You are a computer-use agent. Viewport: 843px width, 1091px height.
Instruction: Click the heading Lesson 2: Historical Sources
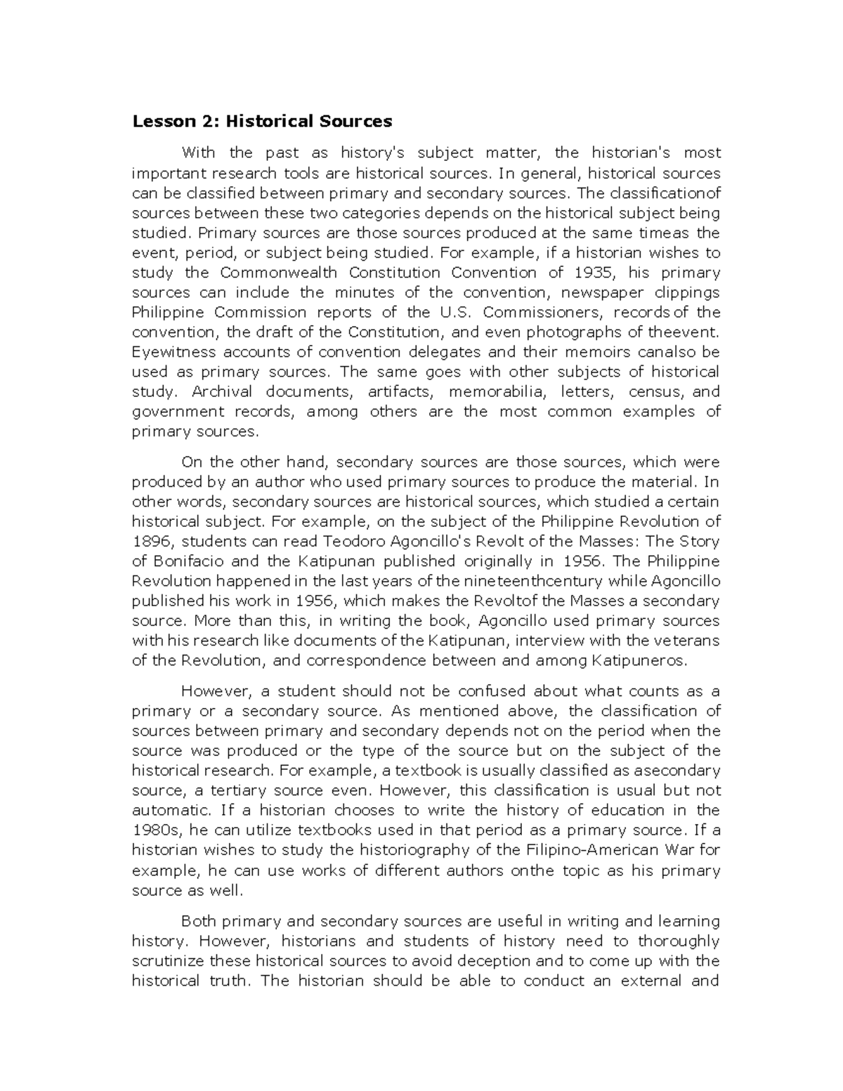[262, 122]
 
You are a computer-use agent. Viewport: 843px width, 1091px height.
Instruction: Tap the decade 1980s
[156, 830]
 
